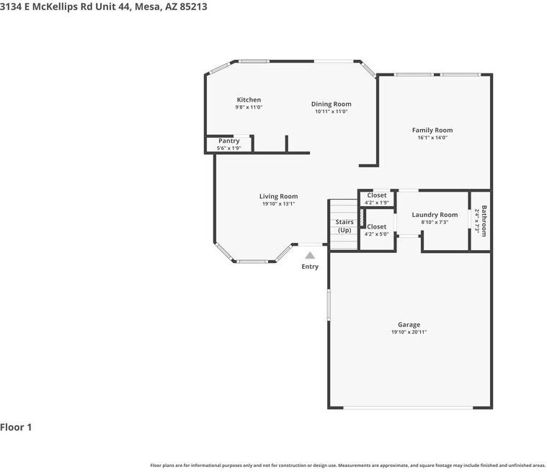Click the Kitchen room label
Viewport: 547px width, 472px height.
pos(249,99)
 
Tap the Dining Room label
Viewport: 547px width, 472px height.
pos(331,104)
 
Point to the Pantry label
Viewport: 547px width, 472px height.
pos(228,141)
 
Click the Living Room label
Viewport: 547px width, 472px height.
pos(278,196)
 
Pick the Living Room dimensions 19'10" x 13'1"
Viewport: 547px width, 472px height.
pos(278,204)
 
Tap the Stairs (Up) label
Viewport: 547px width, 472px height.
pos(344,226)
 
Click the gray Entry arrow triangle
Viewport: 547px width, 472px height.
pos(310,255)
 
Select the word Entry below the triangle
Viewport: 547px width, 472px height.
pos(310,267)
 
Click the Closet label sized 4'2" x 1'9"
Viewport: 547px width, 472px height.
pos(377,195)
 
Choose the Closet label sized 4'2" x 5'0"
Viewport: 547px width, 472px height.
pos(377,226)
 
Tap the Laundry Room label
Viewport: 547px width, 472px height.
pos(435,215)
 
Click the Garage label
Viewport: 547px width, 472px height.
pos(409,324)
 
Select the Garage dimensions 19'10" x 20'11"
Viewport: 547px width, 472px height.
pos(409,332)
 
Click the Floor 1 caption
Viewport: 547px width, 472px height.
pos(16,427)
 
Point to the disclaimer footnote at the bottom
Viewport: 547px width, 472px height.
pos(347,465)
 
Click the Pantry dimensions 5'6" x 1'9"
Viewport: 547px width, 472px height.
pos(228,148)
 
